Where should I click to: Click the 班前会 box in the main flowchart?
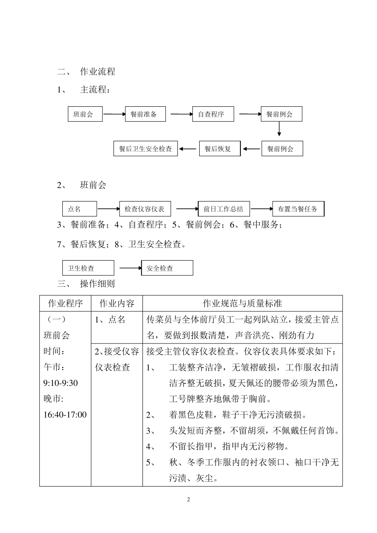click(85, 114)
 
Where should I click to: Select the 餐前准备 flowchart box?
click(145, 114)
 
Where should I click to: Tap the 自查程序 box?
click(213, 114)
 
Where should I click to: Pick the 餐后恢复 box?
click(219, 149)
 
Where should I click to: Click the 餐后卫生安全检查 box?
click(146, 149)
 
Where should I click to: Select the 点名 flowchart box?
click(79, 209)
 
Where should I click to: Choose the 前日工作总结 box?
click(224, 209)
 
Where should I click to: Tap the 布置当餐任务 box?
click(298, 209)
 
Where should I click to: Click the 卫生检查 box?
click(88, 268)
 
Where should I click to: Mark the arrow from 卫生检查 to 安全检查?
click(130, 268)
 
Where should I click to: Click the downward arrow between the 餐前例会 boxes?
click(279, 129)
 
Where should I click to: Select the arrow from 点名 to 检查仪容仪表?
click(108, 209)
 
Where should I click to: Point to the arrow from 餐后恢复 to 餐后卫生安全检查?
click(188, 149)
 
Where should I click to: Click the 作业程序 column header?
click(65, 303)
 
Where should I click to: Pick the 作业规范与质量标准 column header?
click(242, 303)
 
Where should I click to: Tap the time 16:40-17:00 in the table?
click(65, 415)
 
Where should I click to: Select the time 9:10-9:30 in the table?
click(60, 383)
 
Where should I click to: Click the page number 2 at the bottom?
click(188, 499)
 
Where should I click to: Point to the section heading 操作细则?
click(97, 284)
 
